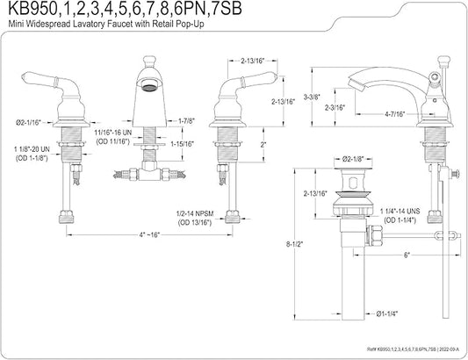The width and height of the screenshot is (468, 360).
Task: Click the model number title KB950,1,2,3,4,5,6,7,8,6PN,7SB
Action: pos(125,9)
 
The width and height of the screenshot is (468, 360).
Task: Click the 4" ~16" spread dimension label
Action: pos(149,234)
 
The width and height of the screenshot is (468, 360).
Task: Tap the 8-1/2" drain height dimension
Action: pos(295,244)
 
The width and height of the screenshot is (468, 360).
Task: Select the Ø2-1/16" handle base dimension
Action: pos(28,122)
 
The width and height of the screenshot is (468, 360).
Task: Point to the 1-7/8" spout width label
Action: pos(186,121)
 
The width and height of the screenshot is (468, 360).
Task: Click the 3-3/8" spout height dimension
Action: pos(312,97)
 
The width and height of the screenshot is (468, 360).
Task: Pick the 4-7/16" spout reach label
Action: pos(394,114)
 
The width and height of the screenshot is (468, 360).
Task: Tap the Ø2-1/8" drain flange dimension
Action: pos(353,159)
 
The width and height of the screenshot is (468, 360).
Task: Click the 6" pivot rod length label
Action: pos(407,255)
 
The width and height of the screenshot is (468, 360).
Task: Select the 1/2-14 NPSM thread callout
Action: pos(195,213)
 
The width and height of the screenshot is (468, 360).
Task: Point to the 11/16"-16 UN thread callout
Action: pos(112,133)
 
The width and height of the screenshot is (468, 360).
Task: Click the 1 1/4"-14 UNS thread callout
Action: pos(400,212)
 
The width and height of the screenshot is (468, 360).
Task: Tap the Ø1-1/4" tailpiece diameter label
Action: pos(387,313)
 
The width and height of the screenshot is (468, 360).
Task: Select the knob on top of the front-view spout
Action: pos(149,61)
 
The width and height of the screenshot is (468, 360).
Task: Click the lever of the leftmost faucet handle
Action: pos(40,79)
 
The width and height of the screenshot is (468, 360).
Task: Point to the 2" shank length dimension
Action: pos(263,145)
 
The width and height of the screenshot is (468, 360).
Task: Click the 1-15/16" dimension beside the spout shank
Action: pos(182,144)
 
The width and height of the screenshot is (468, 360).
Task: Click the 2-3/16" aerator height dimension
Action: pos(335,107)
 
